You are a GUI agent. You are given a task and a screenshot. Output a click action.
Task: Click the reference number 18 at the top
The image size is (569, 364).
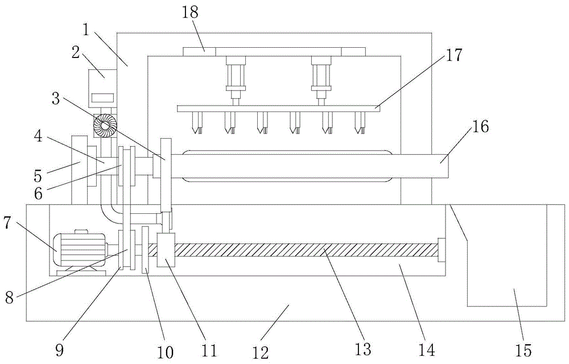pos(191,13)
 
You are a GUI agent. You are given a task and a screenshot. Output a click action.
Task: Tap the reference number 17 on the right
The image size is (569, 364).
pos(455,56)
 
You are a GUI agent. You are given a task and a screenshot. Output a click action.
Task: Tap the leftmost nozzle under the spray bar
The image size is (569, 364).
pos(197,122)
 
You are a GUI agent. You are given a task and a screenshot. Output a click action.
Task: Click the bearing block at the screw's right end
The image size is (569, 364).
pos(441,250)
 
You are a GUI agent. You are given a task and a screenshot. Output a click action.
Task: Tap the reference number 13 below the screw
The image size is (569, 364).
pos(362,346)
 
